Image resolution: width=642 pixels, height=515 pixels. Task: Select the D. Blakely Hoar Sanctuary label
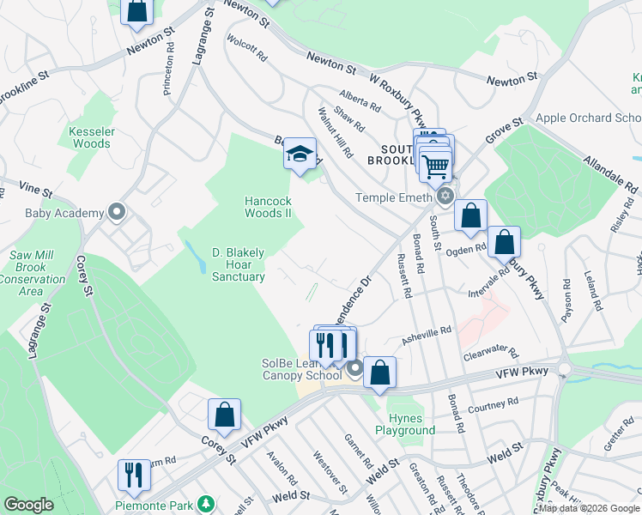238,264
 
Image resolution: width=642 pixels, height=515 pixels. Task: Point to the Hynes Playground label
405,424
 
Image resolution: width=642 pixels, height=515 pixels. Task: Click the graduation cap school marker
300,154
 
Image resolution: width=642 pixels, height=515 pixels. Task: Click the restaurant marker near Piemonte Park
134,475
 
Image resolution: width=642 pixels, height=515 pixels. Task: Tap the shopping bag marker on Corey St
224,415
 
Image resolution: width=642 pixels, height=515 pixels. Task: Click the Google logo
28,505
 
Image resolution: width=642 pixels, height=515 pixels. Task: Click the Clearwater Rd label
491,353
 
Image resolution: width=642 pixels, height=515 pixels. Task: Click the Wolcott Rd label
247,47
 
